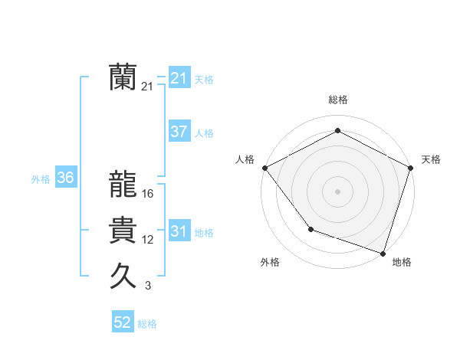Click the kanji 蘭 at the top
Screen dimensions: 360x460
pos(123,77)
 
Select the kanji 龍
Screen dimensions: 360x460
pos(123,185)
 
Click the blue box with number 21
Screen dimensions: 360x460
pos(179,78)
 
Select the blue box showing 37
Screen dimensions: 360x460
pos(179,132)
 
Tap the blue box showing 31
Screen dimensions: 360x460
pos(179,231)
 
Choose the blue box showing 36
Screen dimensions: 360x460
pos(65,178)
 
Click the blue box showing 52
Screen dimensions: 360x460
pos(123,322)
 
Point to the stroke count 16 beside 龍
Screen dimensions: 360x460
pos(148,194)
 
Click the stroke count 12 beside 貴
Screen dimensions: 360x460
pos(148,240)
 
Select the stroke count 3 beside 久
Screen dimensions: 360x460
pos(148,286)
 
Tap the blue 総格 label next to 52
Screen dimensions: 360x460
pos(147,324)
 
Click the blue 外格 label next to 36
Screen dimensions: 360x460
pos(41,179)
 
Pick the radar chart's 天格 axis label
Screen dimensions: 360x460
pos(431,159)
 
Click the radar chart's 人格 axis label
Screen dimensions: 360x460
pos(245,159)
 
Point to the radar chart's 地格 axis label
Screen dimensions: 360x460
pos(402,262)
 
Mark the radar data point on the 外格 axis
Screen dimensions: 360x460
pos(310,228)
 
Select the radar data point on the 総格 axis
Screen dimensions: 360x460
pos(337,130)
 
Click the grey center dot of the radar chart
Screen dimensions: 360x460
pos(337,191)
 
